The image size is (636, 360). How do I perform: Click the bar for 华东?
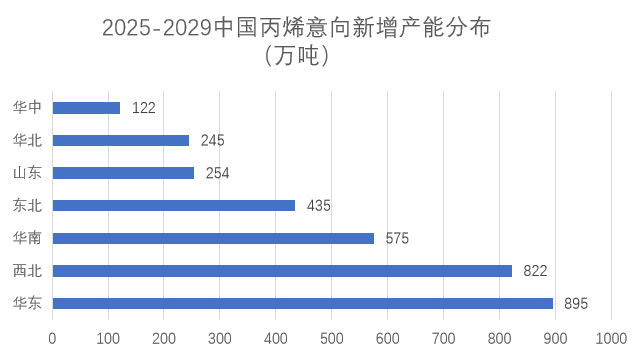click(x=302, y=304)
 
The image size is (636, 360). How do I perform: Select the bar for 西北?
click(x=282, y=271)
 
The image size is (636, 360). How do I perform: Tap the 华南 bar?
click(x=213, y=238)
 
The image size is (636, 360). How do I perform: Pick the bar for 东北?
click(x=174, y=205)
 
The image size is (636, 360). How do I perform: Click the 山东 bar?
click(x=123, y=173)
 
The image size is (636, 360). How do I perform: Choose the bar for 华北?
click(x=120, y=140)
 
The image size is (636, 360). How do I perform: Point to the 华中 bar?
click(x=86, y=107)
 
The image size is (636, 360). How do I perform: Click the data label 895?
click(x=576, y=304)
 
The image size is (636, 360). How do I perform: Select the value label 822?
click(x=535, y=271)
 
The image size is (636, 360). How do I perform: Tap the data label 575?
click(x=397, y=238)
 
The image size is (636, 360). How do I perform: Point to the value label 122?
click(x=143, y=107)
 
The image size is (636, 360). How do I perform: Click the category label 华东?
click(x=27, y=304)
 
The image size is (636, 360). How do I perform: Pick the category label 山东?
click(x=27, y=173)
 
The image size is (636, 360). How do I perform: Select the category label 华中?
click(x=27, y=107)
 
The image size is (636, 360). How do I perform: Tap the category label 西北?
click(x=27, y=271)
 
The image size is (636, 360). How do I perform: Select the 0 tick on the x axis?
click(x=52, y=338)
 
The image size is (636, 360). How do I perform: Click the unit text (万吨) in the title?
click(x=298, y=56)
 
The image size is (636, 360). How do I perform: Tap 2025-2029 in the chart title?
click(x=157, y=29)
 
